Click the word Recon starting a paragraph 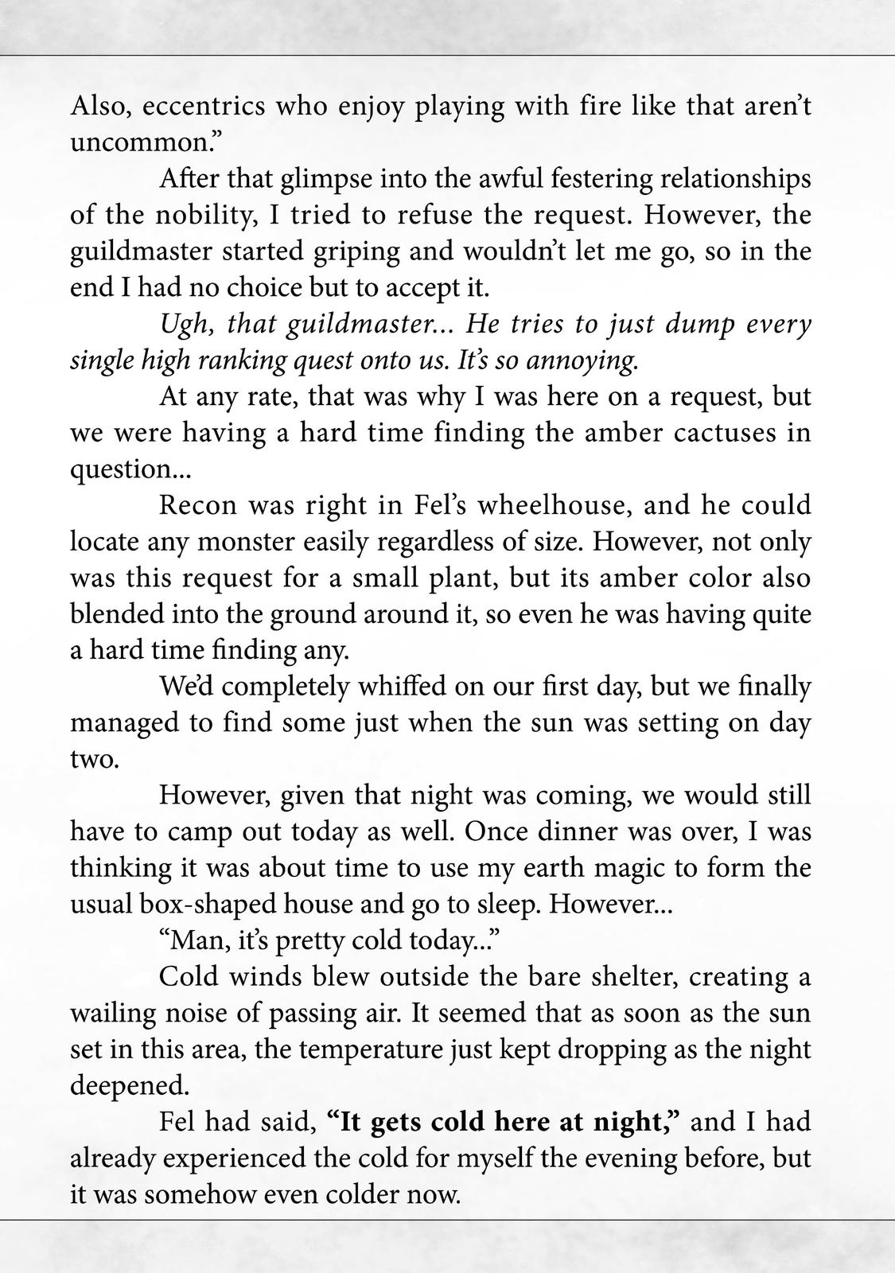[196, 506]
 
